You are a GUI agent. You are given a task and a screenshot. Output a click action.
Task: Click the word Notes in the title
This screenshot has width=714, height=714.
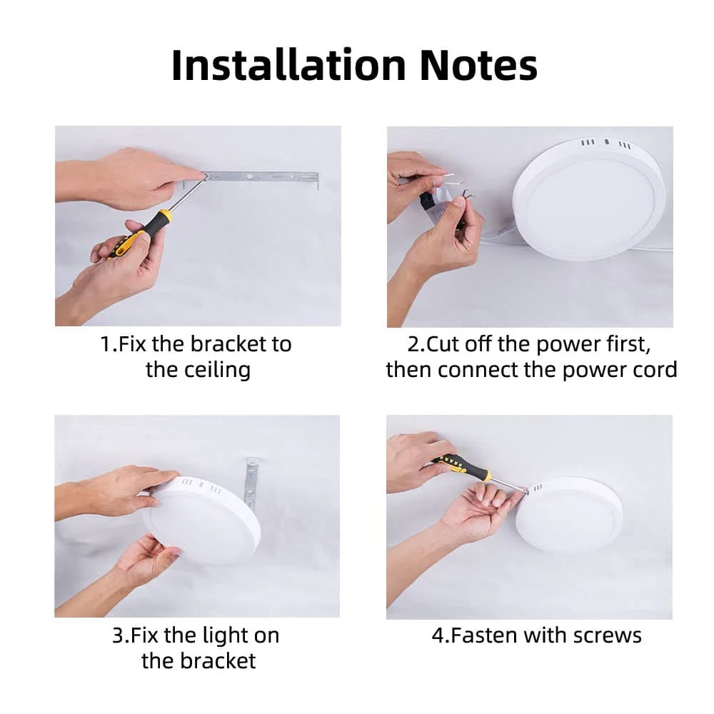click(x=478, y=65)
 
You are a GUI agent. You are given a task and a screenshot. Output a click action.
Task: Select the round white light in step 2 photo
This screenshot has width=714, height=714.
click(x=588, y=199)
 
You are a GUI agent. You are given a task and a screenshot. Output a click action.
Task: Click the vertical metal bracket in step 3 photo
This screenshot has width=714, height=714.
click(x=251, y=483)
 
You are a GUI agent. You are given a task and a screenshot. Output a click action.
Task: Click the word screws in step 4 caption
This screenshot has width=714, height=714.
click(x=607, y=635)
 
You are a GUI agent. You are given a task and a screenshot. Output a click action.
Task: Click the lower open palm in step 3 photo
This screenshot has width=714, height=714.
click(x=146, y=560)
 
